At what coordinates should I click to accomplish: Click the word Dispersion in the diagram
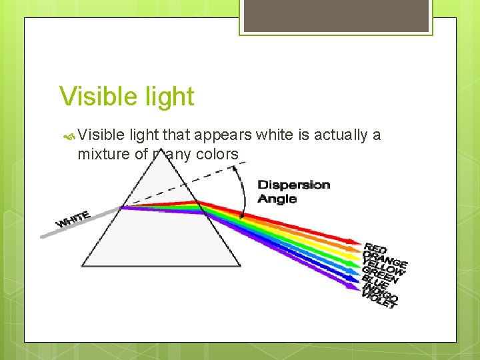(x=293, y=185)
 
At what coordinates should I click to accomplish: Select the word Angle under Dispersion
(x=277, y=199)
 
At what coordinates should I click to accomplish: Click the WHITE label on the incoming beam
(x=73, y=219)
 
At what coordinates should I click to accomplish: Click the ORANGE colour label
(x=385, y=257)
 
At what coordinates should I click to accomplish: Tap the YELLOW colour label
(x=385, y=267)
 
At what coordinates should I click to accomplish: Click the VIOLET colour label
(x=379, y=301)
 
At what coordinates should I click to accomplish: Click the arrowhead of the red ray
(x=355, y=242)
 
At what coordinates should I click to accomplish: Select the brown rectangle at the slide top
(x=336, y=15)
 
